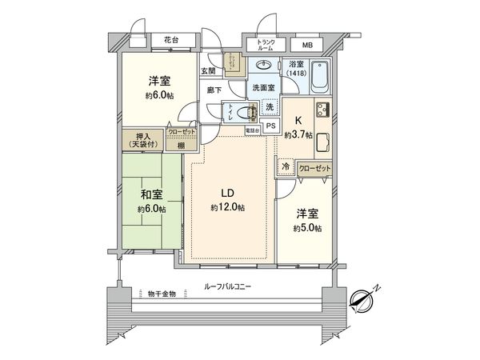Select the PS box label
(x=270, y=126)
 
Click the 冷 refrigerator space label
(x=286, y=167)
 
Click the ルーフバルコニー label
(x=231, y=286)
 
